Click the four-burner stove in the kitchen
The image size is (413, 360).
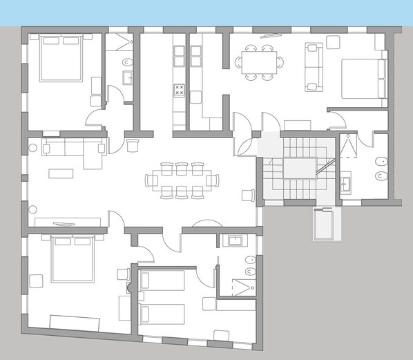(x=180, y=88)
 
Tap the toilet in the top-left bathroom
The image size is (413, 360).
(x=128, y=64)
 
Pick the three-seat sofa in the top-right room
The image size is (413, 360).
(x=314, y=66)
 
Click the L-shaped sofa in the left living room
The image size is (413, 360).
(x=73, y=149)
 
